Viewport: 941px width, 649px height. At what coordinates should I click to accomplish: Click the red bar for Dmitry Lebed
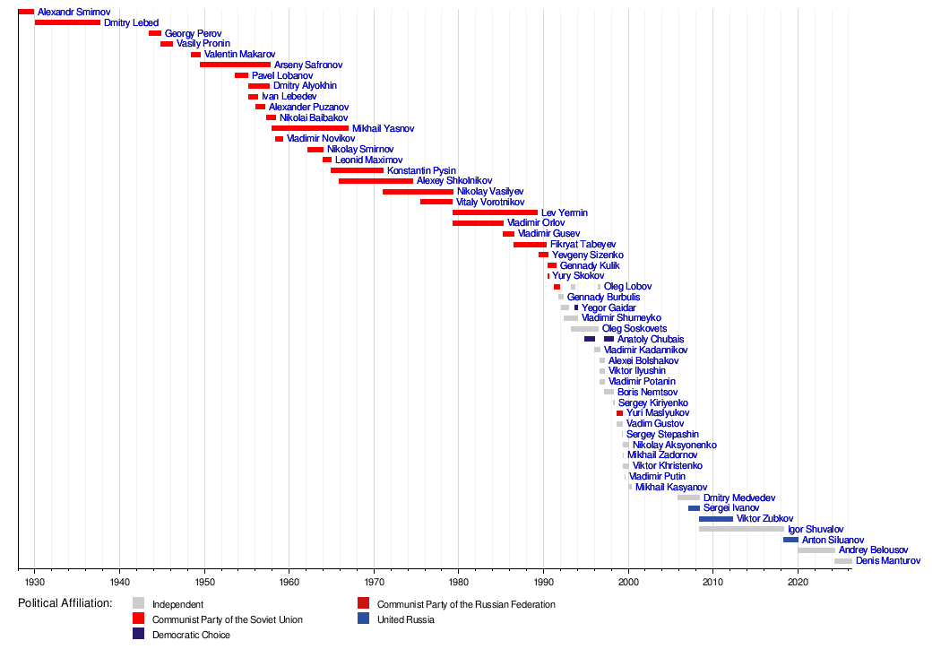point(67,22)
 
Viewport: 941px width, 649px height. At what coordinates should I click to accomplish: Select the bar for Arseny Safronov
point(235,65)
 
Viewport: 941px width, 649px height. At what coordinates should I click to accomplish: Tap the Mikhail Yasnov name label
point(383,129)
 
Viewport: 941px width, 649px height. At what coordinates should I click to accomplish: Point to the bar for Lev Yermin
point(495,212)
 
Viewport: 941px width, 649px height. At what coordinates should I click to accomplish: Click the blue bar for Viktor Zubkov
point(715,519)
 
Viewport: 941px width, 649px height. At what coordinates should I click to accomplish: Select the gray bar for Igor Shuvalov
point(741,529)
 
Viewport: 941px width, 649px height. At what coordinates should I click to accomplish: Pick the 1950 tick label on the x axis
point(204,583)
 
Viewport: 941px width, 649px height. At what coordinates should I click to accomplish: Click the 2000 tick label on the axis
point(628,583)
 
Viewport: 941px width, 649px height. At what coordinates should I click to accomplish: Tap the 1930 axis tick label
point(34,583)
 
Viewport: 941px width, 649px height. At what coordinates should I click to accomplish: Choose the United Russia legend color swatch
point(363,619)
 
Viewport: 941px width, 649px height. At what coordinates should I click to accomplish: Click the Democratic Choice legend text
point(191,635)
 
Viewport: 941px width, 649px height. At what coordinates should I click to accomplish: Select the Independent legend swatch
point(138,603)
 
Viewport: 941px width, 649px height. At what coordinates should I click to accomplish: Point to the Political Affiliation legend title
point(65,603)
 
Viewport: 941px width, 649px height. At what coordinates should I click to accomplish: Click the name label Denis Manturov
point(887,561)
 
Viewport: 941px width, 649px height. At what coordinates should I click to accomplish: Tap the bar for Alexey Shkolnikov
point(376,181)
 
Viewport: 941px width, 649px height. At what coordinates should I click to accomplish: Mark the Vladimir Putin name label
point(657,477)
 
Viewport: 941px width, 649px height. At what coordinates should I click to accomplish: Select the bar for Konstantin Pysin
point(357,170)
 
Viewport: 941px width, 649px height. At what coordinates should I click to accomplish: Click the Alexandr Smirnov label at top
point(73,12)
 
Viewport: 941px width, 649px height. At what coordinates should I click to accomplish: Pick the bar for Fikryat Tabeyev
point(530,244)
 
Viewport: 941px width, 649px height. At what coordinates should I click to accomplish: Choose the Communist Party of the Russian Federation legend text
point(466,604)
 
